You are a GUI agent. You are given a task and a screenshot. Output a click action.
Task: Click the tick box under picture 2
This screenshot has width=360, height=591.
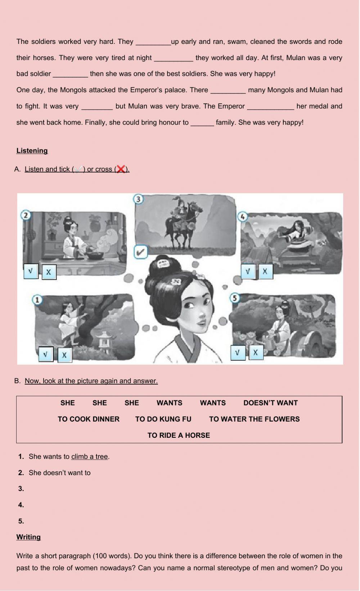[x=31, y=271]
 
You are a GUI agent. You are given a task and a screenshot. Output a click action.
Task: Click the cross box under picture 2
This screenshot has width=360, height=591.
[x=49, y=272]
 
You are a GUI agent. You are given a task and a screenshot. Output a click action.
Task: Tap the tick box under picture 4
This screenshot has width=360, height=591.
[x=248, y=272]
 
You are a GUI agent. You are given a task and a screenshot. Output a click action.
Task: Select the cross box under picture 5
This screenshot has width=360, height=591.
[x=255, y=352]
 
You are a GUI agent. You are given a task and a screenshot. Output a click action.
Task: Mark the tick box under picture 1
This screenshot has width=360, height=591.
[x=45, y=354]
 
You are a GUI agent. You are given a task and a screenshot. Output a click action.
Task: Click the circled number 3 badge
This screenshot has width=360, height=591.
[x=138, y=199]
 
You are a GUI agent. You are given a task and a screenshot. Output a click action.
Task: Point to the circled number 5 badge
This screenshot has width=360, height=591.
[x=235, y=298]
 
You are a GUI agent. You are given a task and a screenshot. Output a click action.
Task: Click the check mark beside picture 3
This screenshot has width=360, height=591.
[x=141, y=252]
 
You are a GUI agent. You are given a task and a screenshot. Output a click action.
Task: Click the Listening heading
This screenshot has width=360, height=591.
[x=32, y=151]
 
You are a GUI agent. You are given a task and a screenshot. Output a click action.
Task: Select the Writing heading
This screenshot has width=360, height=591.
[x=28, y=537]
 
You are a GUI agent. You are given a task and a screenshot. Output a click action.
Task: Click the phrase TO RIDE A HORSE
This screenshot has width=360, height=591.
[x=179, y=435]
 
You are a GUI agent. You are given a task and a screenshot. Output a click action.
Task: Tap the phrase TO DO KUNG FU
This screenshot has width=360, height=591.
[x=163, y=419]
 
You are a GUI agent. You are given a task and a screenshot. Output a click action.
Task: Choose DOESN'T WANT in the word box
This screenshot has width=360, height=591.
[x=270, y=403]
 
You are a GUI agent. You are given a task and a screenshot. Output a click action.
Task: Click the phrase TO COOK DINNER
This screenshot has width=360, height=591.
[x=89, y=419]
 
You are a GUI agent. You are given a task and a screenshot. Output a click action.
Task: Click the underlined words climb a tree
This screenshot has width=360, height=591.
[x=90, y=456]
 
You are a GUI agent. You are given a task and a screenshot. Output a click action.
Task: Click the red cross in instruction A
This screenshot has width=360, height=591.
[x=121, y=169]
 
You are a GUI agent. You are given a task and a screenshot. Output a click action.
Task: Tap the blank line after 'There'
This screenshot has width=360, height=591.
[x=228, y=90]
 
